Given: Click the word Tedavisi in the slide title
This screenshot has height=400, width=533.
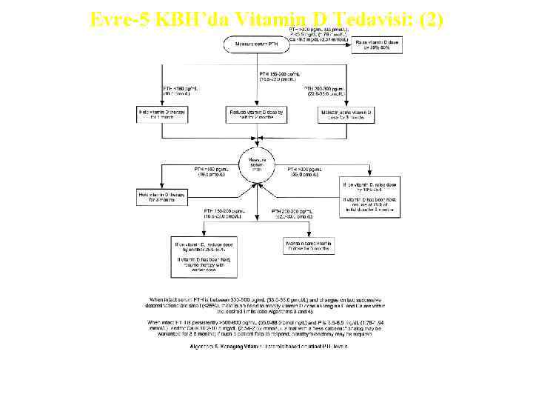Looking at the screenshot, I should pos(361,20).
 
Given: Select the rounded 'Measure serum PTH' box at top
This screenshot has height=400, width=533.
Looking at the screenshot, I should pos(257,44).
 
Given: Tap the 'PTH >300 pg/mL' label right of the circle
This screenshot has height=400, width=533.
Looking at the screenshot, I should pos(304,171).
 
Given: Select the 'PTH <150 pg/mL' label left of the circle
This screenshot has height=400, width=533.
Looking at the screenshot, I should pos(210,171).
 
